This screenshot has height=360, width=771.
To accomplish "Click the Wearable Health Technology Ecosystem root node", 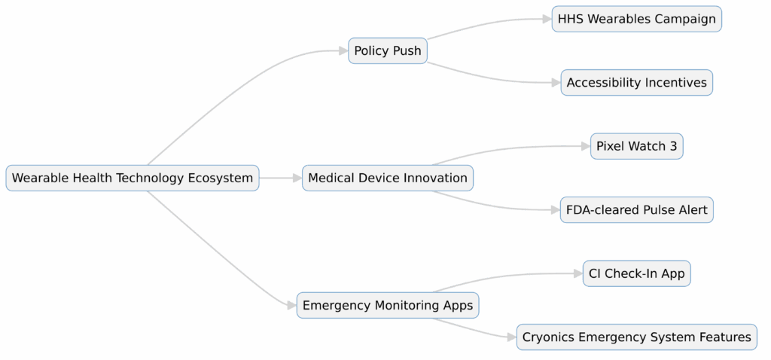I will coord(133,178).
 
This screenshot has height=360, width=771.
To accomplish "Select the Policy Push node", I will coord(388,51).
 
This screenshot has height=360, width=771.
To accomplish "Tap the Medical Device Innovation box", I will coord(388,178).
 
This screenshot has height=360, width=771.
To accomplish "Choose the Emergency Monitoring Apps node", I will coord(388,306).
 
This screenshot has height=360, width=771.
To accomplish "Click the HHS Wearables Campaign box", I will coord(636,19).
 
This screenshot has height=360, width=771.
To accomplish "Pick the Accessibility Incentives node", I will coord(636,83).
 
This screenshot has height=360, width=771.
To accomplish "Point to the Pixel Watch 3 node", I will coord(636,146).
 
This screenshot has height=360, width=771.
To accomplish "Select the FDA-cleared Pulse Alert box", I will coord(636,210).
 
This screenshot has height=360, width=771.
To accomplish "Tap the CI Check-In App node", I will coord(636,273).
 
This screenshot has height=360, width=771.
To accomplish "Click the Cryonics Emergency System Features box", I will coord(636,337).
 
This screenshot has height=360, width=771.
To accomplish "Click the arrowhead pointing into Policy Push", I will coord(343,51).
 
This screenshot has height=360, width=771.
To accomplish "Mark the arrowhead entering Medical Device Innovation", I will coord(297,178).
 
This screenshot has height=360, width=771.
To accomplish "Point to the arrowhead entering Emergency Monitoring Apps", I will coord(291,306).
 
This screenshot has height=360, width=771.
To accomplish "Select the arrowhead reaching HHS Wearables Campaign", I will coord(546,19).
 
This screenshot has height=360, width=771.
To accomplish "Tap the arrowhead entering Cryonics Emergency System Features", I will coord(510,337).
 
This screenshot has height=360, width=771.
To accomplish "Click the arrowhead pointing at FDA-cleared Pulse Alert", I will coord(555,210).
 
